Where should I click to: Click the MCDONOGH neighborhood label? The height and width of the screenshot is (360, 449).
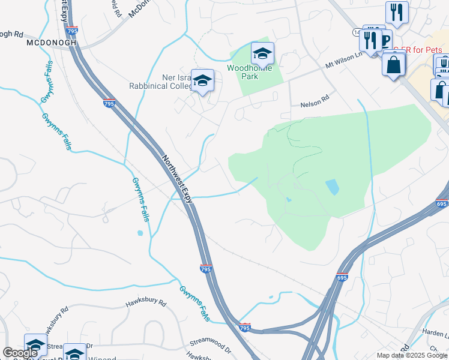[50, 44]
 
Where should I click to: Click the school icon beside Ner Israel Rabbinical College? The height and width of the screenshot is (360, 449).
[203, 80]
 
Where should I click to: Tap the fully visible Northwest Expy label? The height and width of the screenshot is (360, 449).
[178, 179]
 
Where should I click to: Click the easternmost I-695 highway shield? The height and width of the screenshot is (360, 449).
[442, 204]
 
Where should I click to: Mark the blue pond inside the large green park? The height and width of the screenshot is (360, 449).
[331, 187]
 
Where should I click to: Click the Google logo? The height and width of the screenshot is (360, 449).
[20, 353]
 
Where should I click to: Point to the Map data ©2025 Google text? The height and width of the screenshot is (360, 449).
[411, 355]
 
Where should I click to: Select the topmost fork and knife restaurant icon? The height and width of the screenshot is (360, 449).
[397, 11]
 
